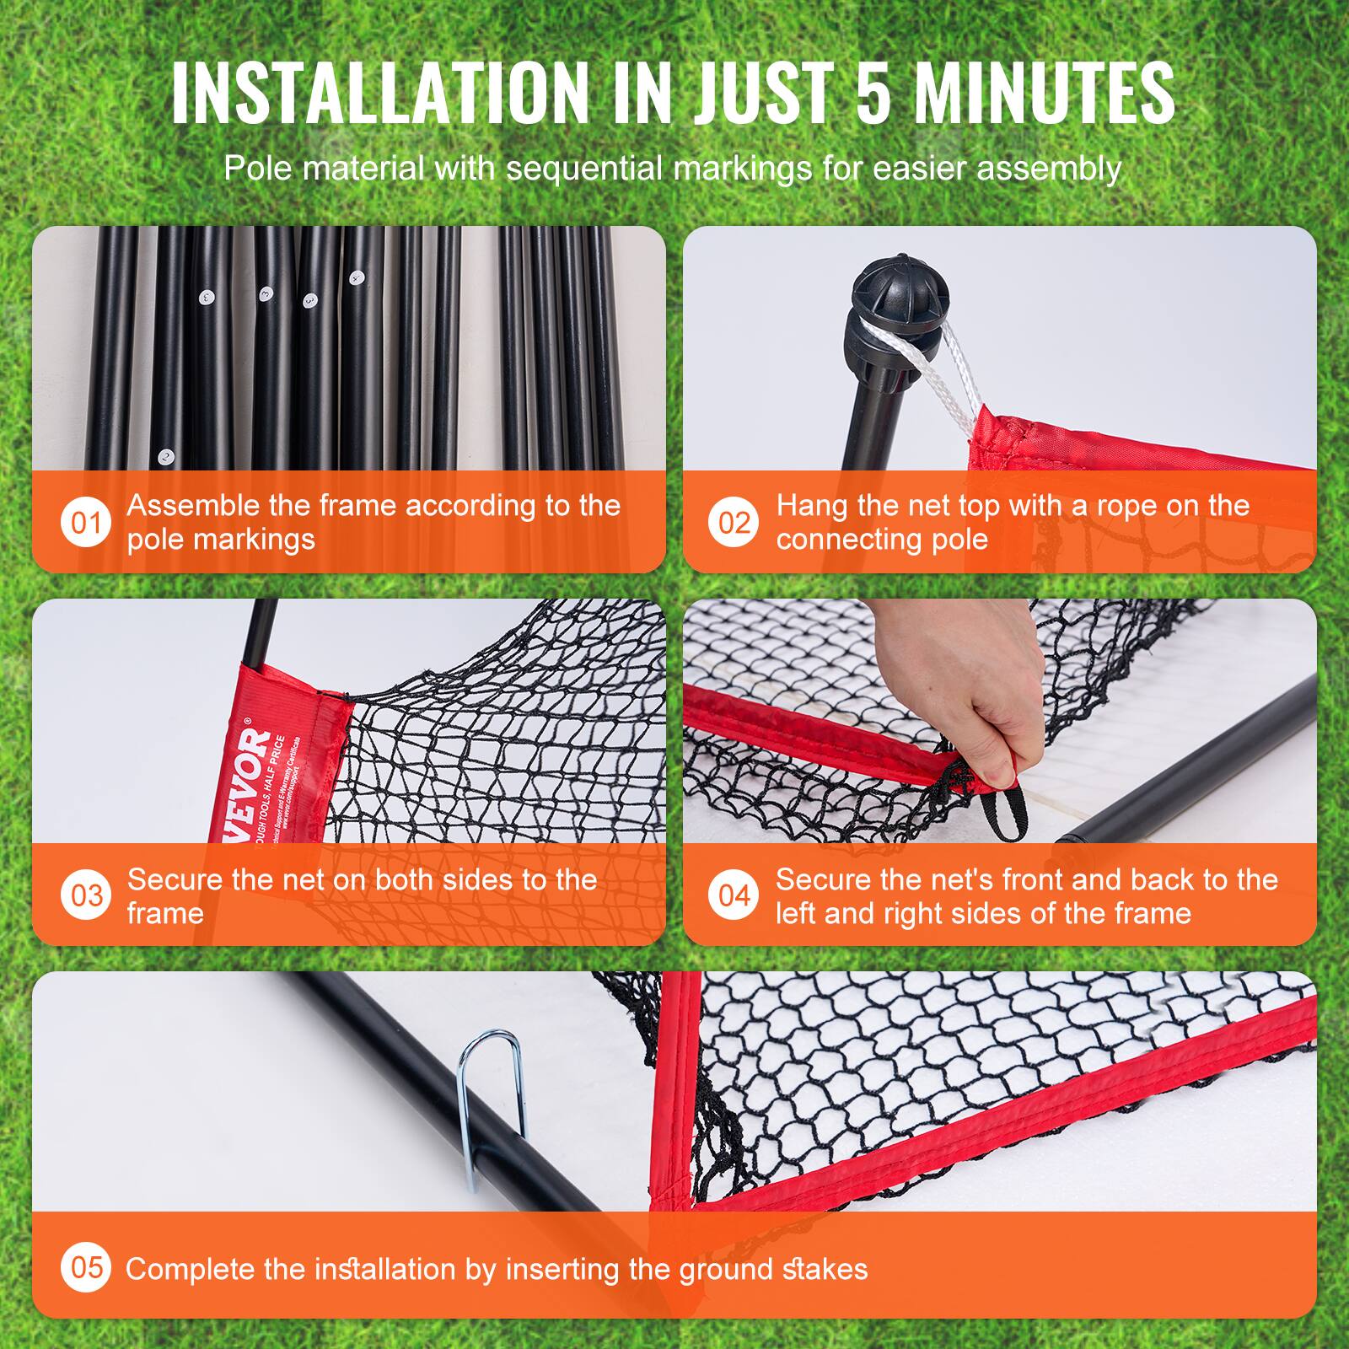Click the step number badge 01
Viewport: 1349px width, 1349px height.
[86, 523]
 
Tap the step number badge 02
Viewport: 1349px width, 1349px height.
[734, 523]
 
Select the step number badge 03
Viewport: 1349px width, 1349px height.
[86, 895]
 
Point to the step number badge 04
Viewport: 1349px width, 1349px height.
[734, 895]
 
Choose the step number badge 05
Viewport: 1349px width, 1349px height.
[86, 1267]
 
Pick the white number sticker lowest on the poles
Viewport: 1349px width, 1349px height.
[166, 458]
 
